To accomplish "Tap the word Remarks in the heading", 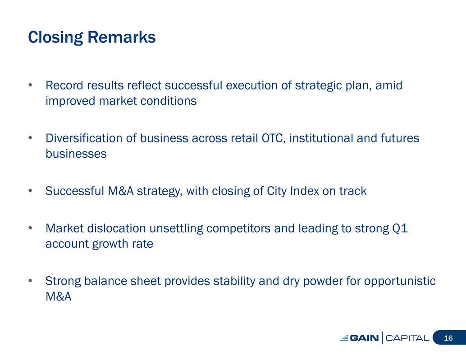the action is pos(122,37).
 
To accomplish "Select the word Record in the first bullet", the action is pos(64,85).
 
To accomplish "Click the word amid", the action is pos(389,85).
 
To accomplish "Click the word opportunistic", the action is pos(400,281).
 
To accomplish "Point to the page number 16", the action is pos(448,338).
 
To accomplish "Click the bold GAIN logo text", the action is pos(364,338).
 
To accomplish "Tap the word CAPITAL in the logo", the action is pos(407,338).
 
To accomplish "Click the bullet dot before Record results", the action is pos(30,85).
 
